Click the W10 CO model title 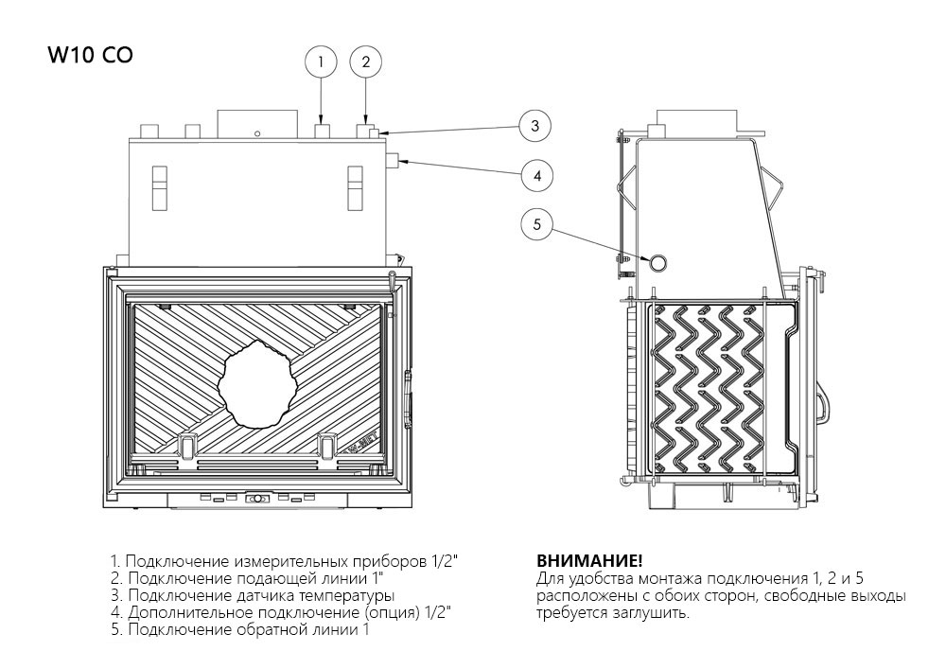tap(90, 55)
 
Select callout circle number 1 tap(321, 62)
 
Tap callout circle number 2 tap(366, 62)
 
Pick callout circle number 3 tap(534, 126)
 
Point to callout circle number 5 tap(536, 224)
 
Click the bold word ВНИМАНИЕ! tap(576, 561)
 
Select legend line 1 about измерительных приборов tap(284, 561)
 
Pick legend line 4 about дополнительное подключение tap(280, 612)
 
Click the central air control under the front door tap(255, 499)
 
